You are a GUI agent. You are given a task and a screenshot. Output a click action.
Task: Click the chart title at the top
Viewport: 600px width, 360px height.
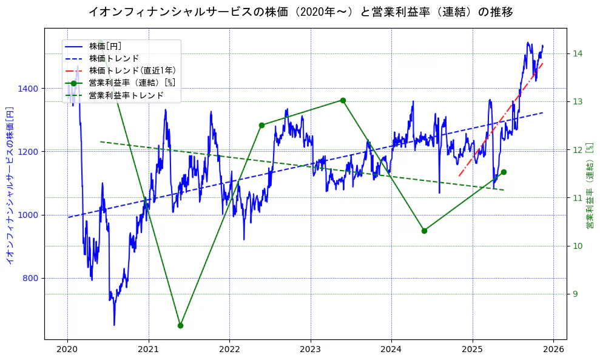pos(300,12)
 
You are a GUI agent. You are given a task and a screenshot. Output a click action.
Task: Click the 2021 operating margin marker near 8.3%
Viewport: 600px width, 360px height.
pos(180,325)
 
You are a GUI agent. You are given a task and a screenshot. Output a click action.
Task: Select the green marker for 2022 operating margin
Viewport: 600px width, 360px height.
pos(261,126)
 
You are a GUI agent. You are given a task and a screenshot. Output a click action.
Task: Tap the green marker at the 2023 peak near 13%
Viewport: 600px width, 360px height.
pos(343,100)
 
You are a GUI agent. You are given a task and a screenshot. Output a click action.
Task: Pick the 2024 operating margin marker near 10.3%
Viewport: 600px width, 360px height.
pos(424,231)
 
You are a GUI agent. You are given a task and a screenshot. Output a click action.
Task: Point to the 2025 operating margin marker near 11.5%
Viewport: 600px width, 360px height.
pos(504,172)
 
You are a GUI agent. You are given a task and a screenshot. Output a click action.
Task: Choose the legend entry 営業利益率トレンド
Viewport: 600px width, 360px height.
pos(126,95)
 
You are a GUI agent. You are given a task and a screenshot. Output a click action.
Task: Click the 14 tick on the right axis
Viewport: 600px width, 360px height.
pos(577,53)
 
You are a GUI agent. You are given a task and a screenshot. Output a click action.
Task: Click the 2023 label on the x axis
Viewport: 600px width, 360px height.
pos(310,350)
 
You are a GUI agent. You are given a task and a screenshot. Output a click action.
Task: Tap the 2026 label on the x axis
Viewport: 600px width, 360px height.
pos(553,350)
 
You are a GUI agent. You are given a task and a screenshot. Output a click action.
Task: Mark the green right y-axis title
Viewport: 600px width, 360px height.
pos(589,186)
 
